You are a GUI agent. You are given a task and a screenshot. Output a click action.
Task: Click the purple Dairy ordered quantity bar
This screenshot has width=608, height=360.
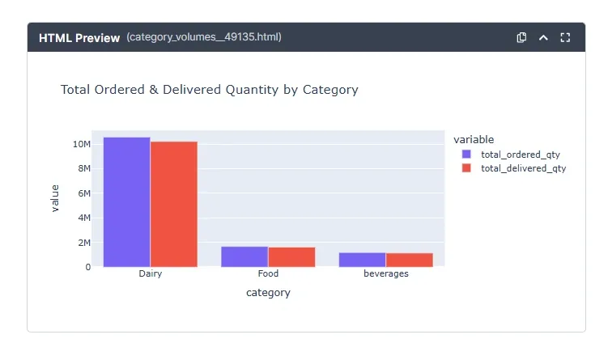click(x=126, y=202)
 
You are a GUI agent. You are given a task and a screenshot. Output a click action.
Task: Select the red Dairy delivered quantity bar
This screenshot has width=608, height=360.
click(x=173, y=205)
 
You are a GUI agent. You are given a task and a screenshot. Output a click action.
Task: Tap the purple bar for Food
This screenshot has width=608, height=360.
click(x=244, y=256)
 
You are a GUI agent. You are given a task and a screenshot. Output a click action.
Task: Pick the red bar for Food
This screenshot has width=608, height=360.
click(x=291, y=257)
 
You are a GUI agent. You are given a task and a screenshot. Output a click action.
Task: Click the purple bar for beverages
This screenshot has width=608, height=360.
click(x=362, y=260)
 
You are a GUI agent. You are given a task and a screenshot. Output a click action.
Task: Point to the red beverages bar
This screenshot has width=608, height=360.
click(x=409, y=260)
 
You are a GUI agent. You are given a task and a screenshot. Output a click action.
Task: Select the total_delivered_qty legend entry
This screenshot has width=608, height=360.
click(x=522, y=168)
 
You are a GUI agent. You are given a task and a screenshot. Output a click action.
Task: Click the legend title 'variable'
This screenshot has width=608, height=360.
click(x=474, y=139)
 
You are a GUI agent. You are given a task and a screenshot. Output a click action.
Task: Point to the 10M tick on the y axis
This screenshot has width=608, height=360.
click(x=81, y=144)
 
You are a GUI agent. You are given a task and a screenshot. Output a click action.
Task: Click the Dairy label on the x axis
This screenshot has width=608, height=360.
click(x=150, y=273)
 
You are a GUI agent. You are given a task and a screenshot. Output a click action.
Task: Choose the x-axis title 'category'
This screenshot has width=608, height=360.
click(x=268, y=293)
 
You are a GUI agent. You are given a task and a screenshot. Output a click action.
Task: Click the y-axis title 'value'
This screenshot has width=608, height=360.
click(x=55, y=198)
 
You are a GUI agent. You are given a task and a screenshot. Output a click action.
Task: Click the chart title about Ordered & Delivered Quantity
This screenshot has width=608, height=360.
click(x=209, y=90)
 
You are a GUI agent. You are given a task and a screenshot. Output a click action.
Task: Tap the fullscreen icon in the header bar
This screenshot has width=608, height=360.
click(x=565, y=37)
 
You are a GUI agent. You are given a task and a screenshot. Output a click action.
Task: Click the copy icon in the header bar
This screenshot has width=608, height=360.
click(x=522, y=37)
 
